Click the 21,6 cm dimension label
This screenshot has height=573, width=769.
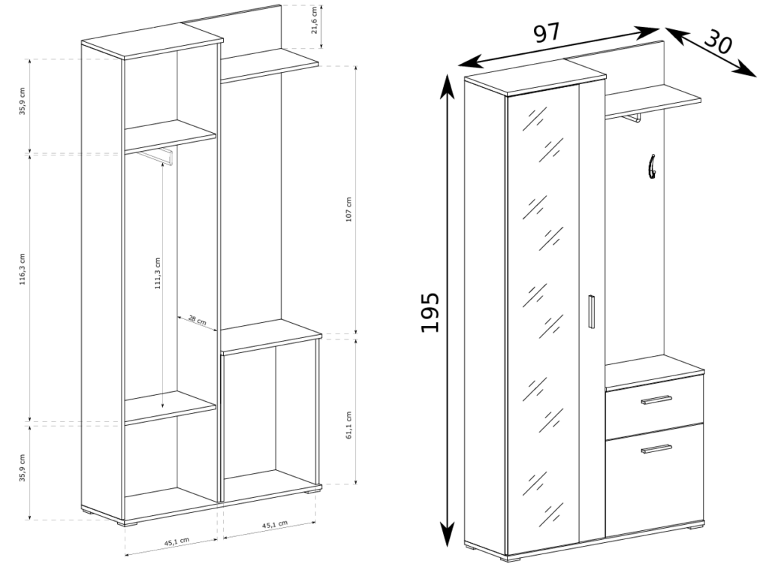tap(315, 20)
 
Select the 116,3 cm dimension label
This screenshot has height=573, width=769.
tap(22, 276)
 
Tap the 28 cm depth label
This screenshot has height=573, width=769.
tap(198, 322)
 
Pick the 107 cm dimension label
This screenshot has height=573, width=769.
tap(348, 210)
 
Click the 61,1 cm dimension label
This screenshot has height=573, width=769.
tap(348, 425)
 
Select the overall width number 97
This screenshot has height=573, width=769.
tap(547, 33)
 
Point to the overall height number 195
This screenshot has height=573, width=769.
tap(430, 312)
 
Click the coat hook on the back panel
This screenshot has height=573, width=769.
tap(653, 166)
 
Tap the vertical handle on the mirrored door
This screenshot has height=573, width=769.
tap(591, 312)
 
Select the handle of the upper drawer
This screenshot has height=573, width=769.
tap(656, 400)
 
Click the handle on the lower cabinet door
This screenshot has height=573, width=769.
tap(656, 448)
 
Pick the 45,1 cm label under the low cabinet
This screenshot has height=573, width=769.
tap(275, 524)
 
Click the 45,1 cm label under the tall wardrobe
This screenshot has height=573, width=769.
tap(176, 541)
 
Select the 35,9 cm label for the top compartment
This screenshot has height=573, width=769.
tap(22, 101)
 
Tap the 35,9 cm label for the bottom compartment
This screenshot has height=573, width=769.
tap(22, 468)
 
